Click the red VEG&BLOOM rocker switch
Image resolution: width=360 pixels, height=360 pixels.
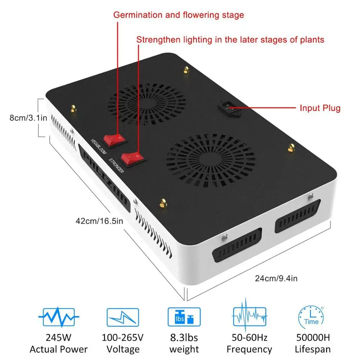pos(114,139)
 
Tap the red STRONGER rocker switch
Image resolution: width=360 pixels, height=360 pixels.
pos(132,158)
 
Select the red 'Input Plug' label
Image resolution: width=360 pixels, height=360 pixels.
pos(320,108)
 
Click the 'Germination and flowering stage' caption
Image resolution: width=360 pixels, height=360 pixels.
pos(179,15)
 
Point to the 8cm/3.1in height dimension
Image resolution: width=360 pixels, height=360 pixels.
pos(28,118)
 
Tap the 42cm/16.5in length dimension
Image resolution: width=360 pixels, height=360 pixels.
pos(99,221)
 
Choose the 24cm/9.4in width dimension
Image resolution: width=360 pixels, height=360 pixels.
pos(276,278)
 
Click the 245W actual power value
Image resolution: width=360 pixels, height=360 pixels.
pos(58,338)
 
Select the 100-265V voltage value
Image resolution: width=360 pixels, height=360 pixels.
pos(123,338)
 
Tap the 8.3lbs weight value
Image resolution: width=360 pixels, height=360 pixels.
pos(184,338)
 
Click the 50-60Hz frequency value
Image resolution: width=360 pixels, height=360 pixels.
pos(249,338)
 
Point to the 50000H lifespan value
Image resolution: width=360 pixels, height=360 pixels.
pos(313,338)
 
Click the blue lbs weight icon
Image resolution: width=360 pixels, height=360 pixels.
pos(184,317)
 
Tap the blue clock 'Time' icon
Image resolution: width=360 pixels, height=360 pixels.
pos(311,317)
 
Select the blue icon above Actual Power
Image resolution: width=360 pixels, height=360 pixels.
pos(59,317)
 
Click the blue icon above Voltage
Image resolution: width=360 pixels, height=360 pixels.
pos(123,317)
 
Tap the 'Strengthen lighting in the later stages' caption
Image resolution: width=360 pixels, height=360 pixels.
pos(230,40)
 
